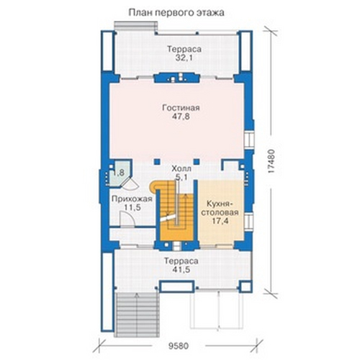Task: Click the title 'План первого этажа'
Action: point(176,13)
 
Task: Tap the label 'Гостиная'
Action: point(181,108)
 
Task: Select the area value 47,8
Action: point(181,117)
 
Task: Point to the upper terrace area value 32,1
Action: point(184,58)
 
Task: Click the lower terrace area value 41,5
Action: point(181,269)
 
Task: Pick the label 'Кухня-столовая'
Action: point(220,208)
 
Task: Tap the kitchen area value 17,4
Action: point(220,221)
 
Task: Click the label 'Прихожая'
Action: point(132,199)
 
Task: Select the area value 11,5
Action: point(132,207)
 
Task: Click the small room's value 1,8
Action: point(119,173)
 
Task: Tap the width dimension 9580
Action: point(179,346)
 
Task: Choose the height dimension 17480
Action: point(271,161)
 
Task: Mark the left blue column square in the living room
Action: point(157,161)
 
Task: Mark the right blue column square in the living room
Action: point(197,161)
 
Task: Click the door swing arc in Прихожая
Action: point(128,218)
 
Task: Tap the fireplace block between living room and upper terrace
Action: point(176,78)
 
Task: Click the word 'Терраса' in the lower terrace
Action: point(181,261)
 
